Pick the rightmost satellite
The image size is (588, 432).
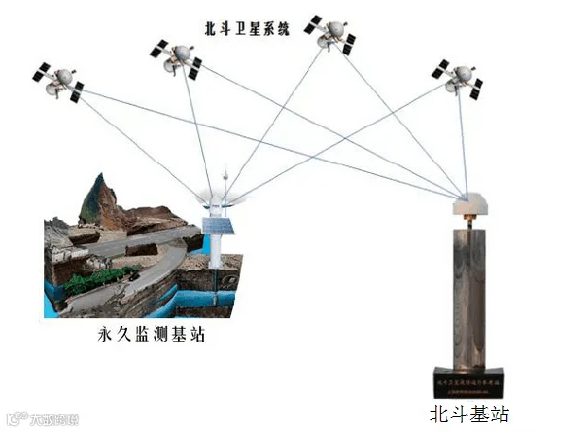click(x=458, y=80)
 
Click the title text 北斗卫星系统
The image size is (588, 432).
click(x=248, y=28)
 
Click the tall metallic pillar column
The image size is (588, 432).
click(x=470, y=292)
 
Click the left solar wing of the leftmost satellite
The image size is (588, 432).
click(x=42, y=71)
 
